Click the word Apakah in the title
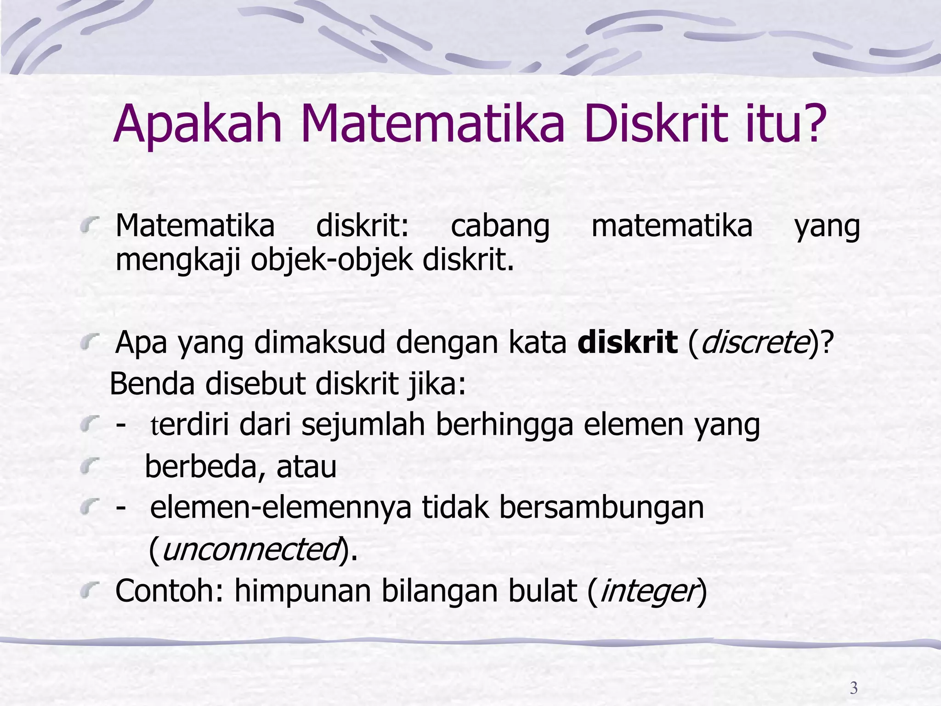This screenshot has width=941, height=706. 198,124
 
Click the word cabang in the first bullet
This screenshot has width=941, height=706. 500,227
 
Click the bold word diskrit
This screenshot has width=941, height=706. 628,342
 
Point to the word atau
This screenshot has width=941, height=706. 306,467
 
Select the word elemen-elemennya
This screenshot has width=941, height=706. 280,508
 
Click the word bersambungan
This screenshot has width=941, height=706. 601,508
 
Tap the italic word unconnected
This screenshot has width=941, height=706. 251,549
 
